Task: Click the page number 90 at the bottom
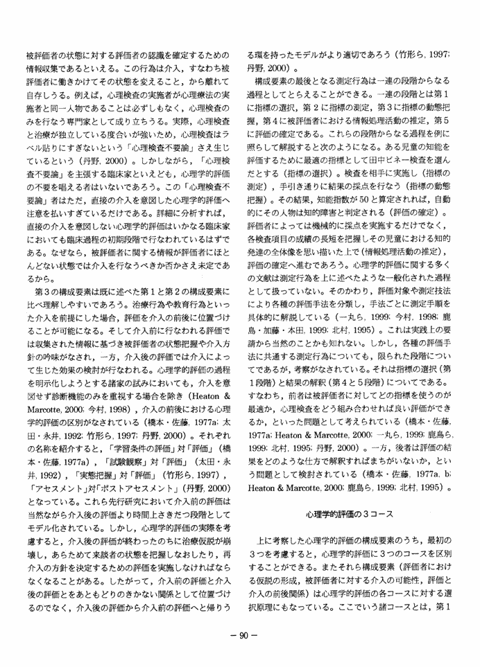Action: click(239, 636)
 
